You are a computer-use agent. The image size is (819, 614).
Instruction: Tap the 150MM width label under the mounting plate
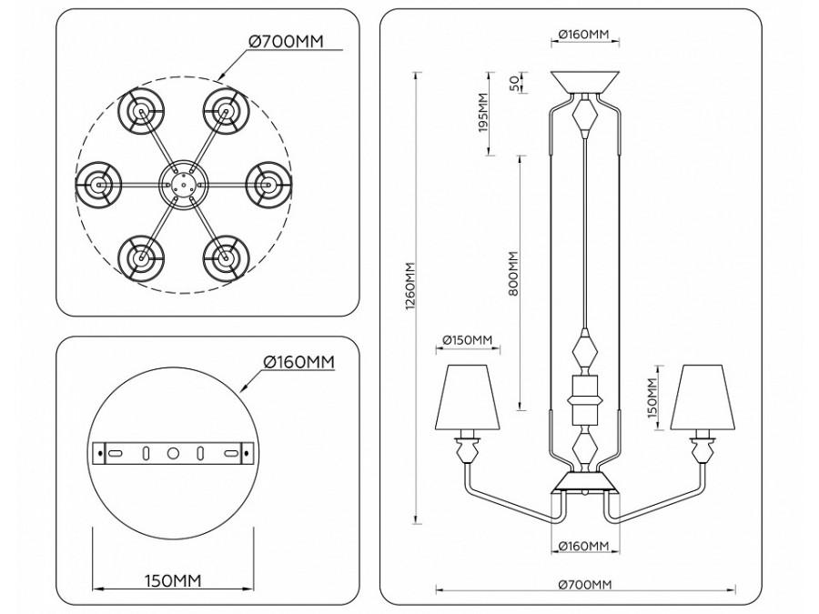click(x=173, y=579)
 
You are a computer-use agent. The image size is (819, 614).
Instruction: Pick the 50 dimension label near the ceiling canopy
click(x=513, y=84)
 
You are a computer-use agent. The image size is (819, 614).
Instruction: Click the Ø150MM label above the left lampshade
click(x=466, y=341)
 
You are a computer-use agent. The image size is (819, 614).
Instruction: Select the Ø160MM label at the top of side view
click(x=585, y=35)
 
